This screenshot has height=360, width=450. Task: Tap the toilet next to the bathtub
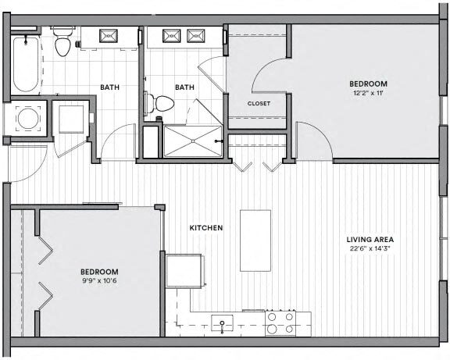63,45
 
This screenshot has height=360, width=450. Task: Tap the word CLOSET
259,103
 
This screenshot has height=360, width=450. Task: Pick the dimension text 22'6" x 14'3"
370,250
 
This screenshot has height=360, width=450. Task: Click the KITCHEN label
206,228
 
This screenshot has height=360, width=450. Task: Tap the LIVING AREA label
370,240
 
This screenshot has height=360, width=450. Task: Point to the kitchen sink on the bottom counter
223,324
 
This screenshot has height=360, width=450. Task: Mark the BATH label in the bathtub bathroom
109,87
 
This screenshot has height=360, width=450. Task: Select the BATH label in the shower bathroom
184,87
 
